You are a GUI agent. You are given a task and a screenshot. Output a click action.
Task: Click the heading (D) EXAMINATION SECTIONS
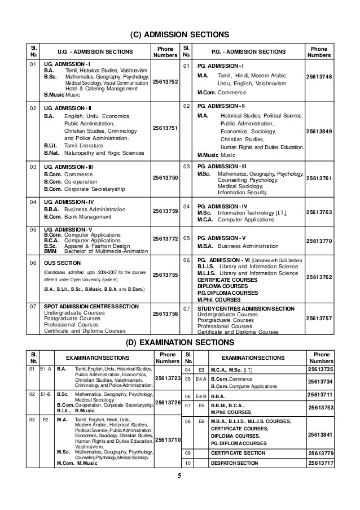180,342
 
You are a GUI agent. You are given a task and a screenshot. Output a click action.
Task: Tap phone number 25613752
165,82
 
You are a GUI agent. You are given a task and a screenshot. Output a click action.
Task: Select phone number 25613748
319,77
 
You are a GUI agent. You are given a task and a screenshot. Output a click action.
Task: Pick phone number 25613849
319,132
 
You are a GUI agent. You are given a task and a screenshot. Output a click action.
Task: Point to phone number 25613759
165,211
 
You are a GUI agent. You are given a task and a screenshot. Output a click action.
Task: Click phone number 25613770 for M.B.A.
319,241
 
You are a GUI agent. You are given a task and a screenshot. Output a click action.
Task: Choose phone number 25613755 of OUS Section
165,274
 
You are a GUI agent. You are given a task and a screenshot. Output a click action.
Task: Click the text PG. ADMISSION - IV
222,206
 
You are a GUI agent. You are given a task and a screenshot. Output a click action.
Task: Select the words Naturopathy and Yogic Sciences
104,152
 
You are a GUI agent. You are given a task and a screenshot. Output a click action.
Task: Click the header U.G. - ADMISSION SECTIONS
95,52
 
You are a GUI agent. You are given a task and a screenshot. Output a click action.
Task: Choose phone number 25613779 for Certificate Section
322,453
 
